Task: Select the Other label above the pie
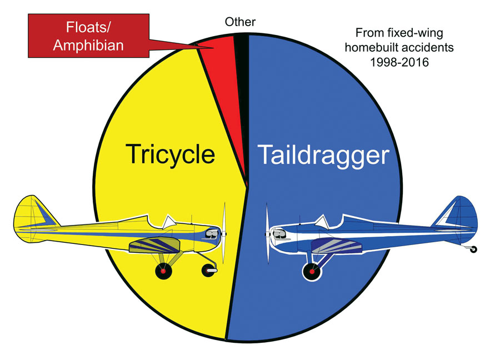[x=240, y=22]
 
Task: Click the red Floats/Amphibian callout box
[x=88, y=36]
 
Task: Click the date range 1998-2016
[x=399, y=62]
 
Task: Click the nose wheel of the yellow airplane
[x=209, y=271]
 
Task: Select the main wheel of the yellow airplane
[x=163, y=271]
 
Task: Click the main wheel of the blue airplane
[x=312, y=272]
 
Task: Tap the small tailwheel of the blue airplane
[x=473, y=249]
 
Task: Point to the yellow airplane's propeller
[x=224, y=233]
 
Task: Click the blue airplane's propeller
[x=267, y=234]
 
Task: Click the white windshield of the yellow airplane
[x=169, y=222]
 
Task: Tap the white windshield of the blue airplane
[x=322, y=222]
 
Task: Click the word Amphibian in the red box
[x=88, y=46]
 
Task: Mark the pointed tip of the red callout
[x=213, y=48]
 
